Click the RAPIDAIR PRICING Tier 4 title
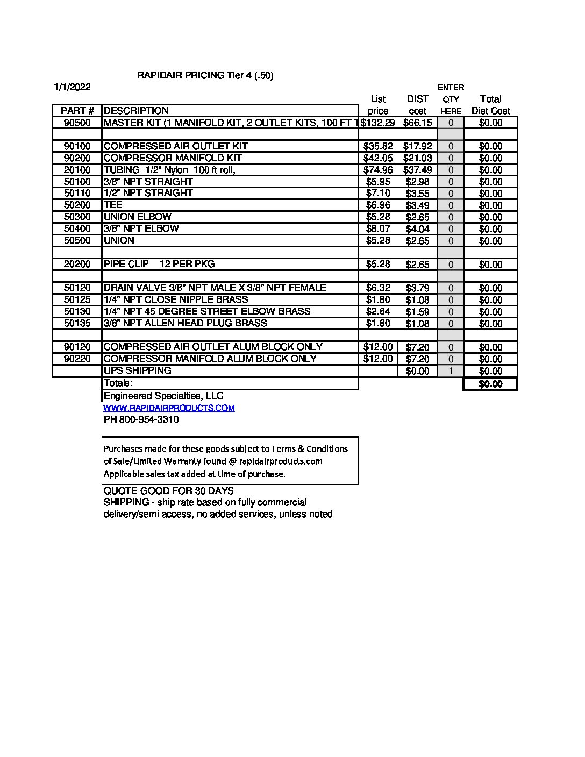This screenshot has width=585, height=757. (205, 75)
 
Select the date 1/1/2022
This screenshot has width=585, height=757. (72, 87)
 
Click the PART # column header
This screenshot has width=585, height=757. (77, 111)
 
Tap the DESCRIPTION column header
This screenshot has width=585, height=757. (136, 111)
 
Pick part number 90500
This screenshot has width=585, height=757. (77, 123)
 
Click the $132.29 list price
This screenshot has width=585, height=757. (378, 123)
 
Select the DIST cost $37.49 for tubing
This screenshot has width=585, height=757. (417, 170)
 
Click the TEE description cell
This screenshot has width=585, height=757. (113, 205)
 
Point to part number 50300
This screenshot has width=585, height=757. (77, 217)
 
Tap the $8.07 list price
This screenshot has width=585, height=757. (378, 228)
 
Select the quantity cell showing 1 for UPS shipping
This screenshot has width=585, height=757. (451, 371)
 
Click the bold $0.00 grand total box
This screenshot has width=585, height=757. (490, 384)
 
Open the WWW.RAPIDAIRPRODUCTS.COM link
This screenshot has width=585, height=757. (169, 408)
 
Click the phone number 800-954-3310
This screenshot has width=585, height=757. (141, 419)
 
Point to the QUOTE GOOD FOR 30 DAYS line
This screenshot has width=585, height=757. (168, 491)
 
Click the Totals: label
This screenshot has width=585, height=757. (118, 383)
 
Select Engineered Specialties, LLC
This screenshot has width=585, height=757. (163, 396)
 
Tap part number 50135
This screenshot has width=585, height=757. (77, 323)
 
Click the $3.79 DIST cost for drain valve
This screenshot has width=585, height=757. (417, 288)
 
